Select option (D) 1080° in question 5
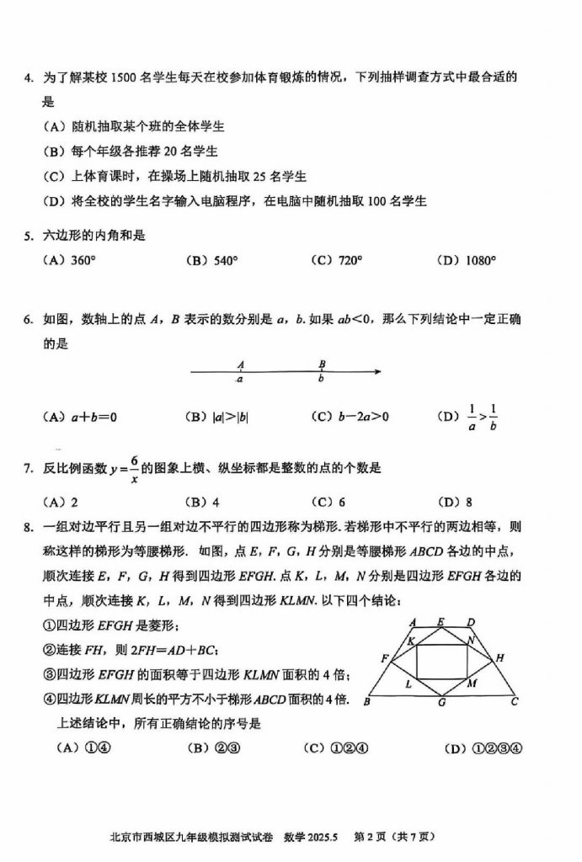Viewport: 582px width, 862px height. click(x=467, y=261)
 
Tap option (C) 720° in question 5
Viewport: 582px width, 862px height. click(x=336, y=261)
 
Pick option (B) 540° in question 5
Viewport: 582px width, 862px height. click(x=211, y=261)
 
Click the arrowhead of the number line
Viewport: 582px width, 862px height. click(x=379, y=371)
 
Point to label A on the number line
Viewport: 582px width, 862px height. click(x=241, y=364)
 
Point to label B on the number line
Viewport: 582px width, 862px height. click(x=322, y=364)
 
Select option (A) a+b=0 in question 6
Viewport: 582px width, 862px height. click(x=78, y=417)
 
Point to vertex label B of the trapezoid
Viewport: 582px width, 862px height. click(x=367, y=700)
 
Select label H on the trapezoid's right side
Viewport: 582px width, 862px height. click(x=499, y=657)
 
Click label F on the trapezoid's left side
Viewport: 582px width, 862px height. click(x=384, y=657)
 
